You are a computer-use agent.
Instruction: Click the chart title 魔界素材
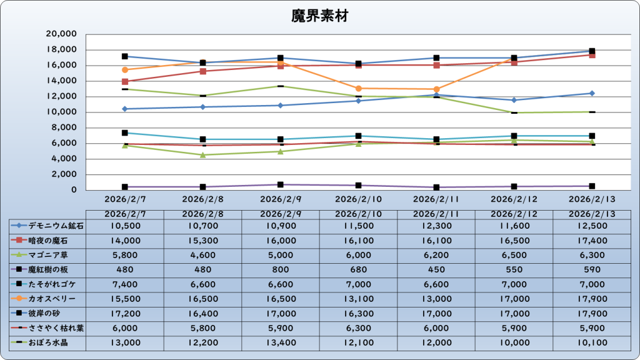pyautogui.click(x=319, y=16)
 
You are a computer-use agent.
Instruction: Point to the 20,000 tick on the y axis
pyautogui.click(x=61, y=34)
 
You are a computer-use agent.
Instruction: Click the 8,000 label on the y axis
pyautogui.click(x=64, y=127)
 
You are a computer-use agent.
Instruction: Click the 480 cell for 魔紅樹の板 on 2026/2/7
pyautogui.click(x=124, y=270)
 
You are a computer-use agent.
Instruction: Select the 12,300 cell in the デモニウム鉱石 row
pyautogui.click(x=437, y=226)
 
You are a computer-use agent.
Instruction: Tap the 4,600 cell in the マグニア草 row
pyautogui.click(x=202, y=255)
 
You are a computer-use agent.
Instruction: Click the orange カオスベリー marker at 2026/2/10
pyautogui.click(x=359, y=89)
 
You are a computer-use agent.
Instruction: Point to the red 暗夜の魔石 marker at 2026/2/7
pyautogui.click(x=125, y=82)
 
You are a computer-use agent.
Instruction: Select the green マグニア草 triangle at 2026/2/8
pyautogui.click(x=203, y=155)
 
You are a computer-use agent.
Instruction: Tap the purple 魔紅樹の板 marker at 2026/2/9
pyautogui.click(x=281, y=185)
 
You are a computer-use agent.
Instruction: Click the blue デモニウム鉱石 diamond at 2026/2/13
pyautogui.click(x=592, y=93)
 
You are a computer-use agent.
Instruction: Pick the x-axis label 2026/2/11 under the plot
pyautogui.click(x=437, y=199)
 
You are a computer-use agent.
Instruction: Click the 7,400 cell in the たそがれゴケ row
pyautogui.click(x=124, y=284)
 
